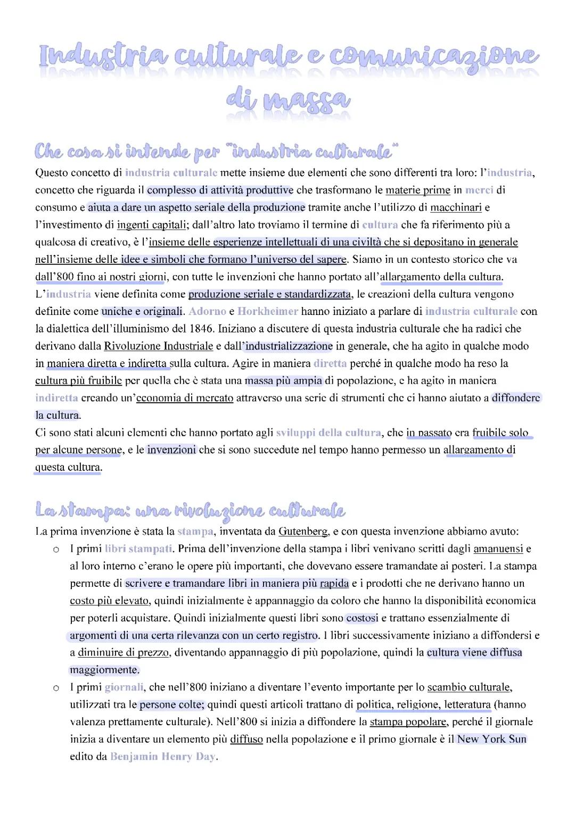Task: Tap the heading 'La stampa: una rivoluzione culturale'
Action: [190, 510]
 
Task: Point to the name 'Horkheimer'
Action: [268, 311]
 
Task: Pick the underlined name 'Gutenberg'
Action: [303, 531]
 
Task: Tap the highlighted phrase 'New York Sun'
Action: [491, 739]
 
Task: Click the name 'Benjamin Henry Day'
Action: [162, 756]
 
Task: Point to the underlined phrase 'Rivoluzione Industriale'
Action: [158, 346]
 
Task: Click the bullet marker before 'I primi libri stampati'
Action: [55, 549]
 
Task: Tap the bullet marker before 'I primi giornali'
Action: [55, 688]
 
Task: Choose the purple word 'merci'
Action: [479, 190]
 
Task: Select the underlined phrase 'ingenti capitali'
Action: [151, 225]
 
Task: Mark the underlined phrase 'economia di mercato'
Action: [185, 398]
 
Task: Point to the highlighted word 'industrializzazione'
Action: [289, 346]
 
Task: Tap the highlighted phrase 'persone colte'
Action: [171, 704]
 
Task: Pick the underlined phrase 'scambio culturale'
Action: [469, 687]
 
